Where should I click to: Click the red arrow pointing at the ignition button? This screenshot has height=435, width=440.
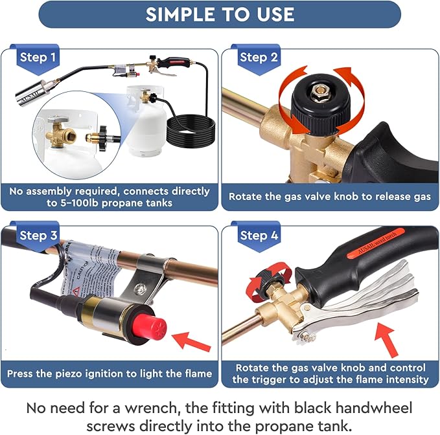(x=191, y=341)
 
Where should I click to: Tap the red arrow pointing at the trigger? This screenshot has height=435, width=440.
(x=387, y=340)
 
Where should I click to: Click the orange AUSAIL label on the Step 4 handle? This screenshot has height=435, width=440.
(x=376, y=243)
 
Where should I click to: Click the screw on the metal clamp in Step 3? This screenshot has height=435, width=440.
(x=140, y=289)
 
